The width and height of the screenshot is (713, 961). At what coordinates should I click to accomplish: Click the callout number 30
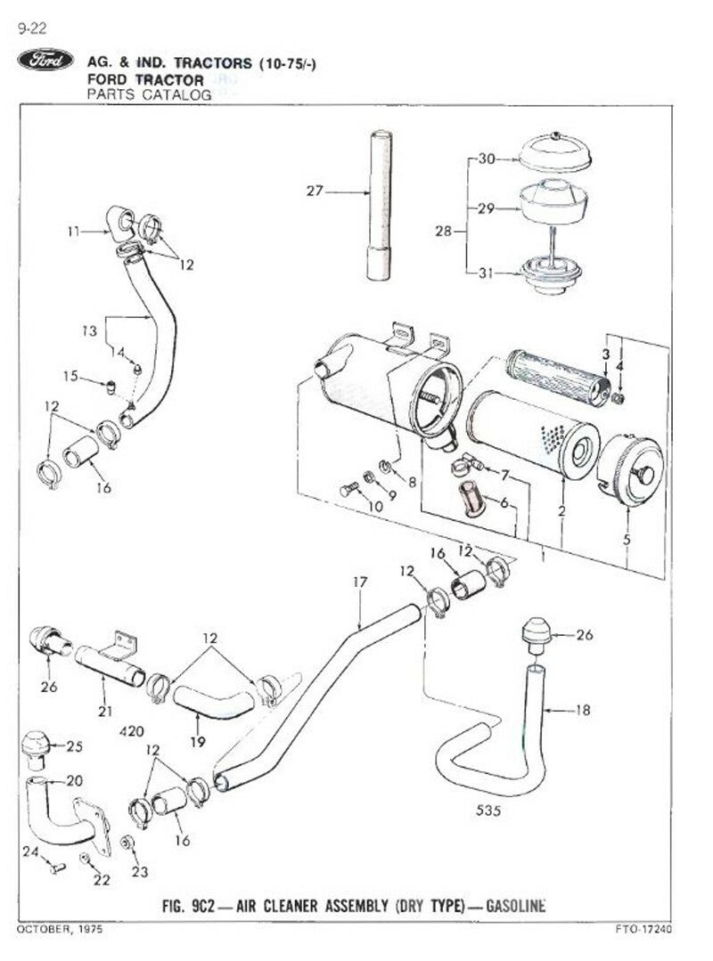coord(486,160)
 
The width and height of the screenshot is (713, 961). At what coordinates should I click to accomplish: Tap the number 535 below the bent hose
coord(488,811)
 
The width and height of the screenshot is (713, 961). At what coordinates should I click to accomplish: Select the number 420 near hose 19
coord(131,730)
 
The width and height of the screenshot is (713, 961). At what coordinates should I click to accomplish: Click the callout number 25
coord(74,745)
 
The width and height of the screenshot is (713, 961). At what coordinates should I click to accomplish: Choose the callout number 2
coord(561,511)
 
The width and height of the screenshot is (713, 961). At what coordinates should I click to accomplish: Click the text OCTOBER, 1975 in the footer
coord(59,929)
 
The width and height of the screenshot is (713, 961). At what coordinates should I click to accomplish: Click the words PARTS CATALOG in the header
coord(148,94)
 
